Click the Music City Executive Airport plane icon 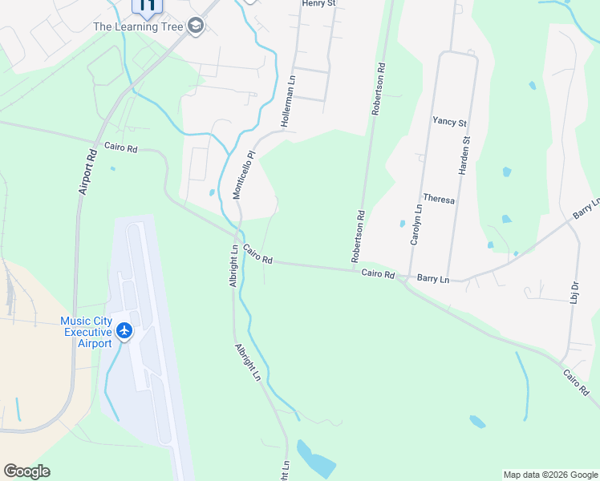tap(124, 330)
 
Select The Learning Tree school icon tap(195, 26)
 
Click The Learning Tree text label tap(139, 26)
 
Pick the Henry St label tap(318, 4)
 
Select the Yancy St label tap(449, 122)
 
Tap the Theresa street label tap(439, 198)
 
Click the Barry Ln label tap(433, 279)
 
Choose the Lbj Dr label tap(575, 291)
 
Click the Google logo tap(26, 471)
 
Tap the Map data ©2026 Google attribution tap(549, 475)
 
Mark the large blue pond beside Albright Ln tap(316, 459)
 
